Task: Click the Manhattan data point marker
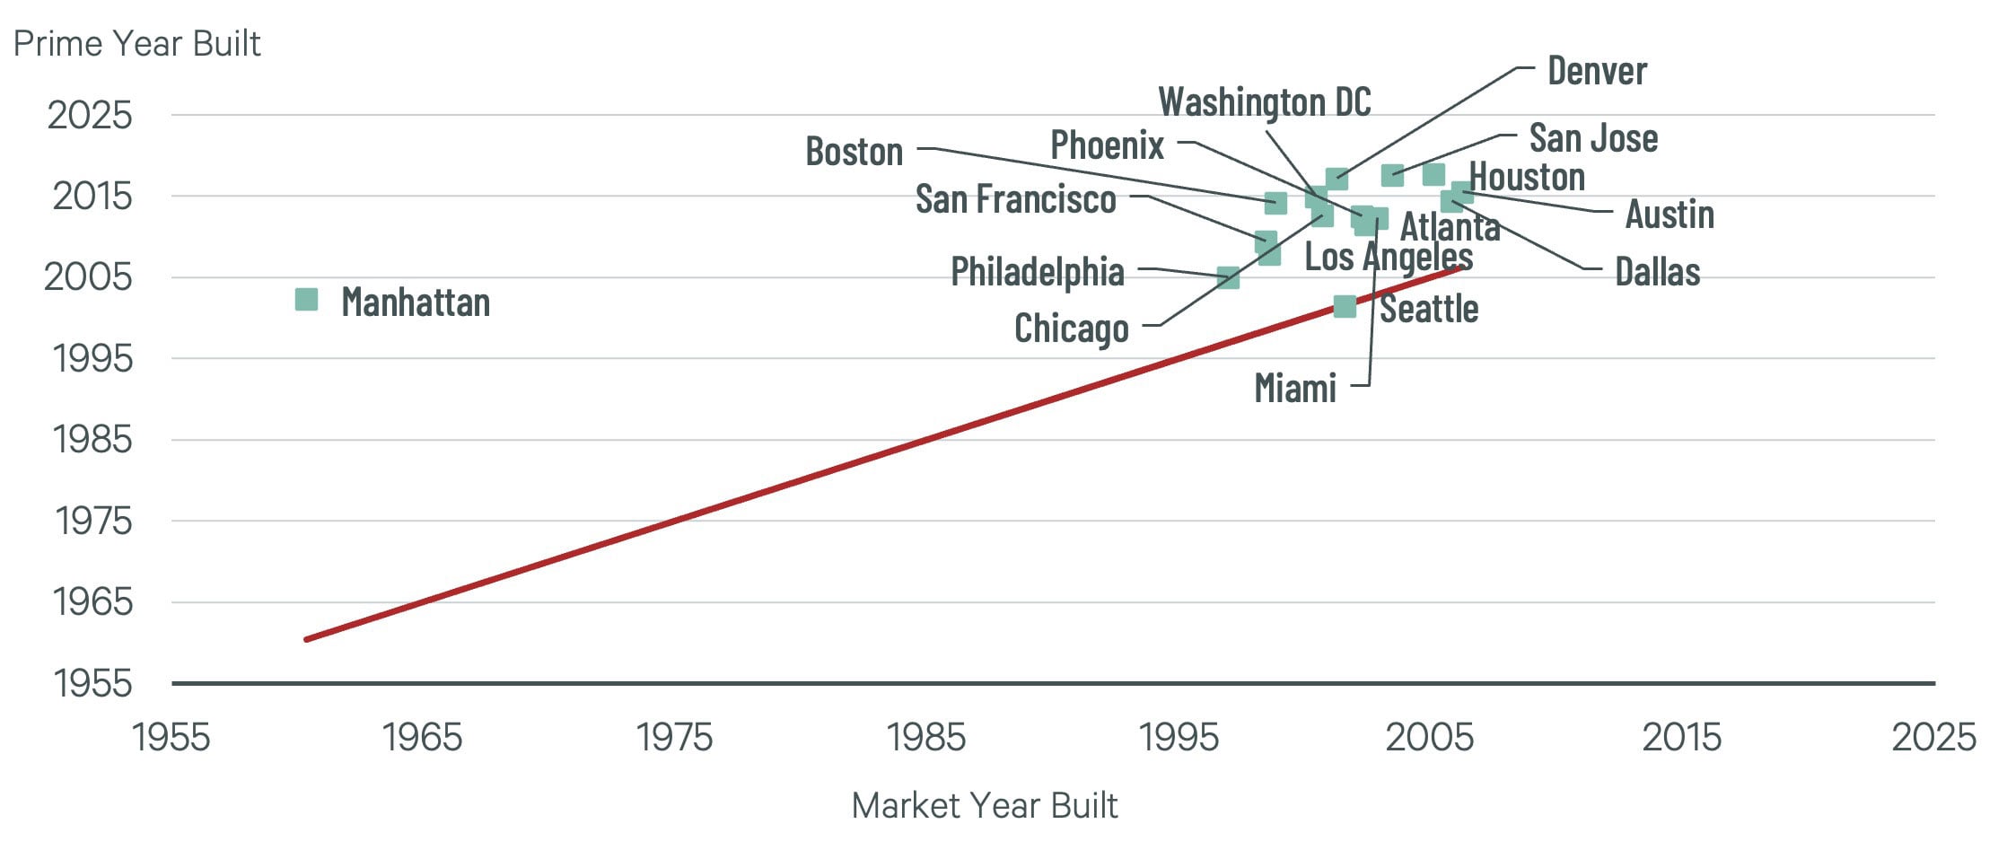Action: coord(306,300)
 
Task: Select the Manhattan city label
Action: coord(416,302)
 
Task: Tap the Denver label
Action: coord(1597,71)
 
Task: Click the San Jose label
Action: coord(1593,138)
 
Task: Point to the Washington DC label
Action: coord(1264,102)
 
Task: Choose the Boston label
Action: coord(854,152)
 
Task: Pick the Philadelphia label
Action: coord(1037,272)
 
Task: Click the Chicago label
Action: coord(1071,329)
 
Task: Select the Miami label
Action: coord(1294,389)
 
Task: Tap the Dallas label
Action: coord(1657,272)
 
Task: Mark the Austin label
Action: coord(1670,215)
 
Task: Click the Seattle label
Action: coord(1429,309)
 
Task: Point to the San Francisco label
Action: coord(1015,199)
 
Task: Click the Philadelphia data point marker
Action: coord(1228,277)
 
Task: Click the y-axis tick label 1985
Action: coord(92,440)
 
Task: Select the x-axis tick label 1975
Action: coord(674,738)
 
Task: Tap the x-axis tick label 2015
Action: coord(1681,738)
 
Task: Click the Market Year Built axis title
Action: coord(984,805)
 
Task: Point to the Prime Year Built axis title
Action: coord(136,43)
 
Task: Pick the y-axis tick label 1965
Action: coord(92,602)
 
